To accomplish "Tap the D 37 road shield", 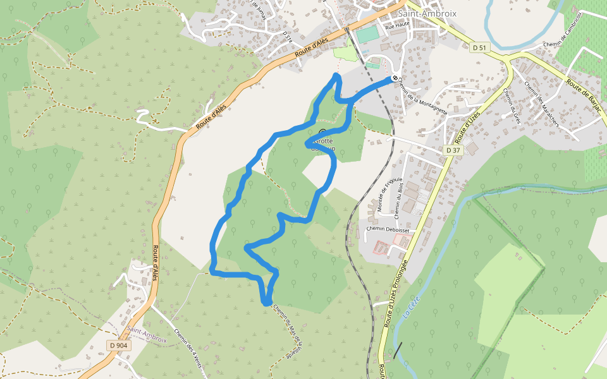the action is click(452, 150).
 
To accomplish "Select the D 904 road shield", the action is click(118, 346).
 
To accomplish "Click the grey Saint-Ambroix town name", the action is click(427, 13).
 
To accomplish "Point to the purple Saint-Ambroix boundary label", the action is click(146, 335).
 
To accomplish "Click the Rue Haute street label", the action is click(397, 26).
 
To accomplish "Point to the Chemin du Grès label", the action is click(511, 105).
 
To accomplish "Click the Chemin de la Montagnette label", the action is click(423, 97).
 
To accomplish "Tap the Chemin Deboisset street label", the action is click(388, 230).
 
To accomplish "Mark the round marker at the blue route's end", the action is click(395, 78).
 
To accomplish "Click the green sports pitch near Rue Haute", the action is click(367, 35).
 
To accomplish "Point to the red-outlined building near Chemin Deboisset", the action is click(382, 247).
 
